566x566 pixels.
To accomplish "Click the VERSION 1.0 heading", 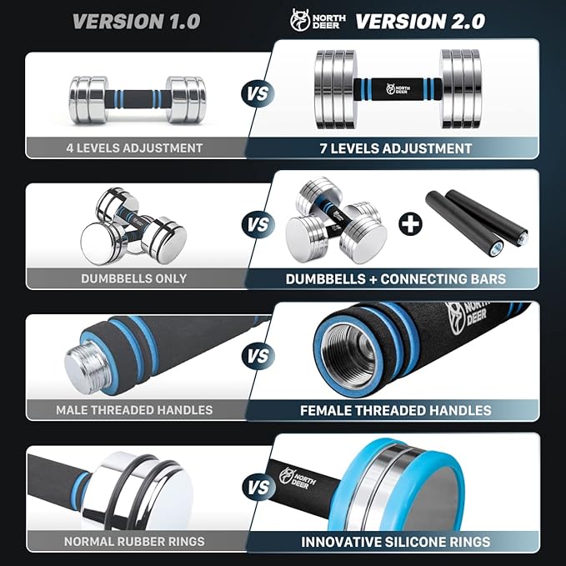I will pos(136,21).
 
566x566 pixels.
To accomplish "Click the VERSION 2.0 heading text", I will pos(420,21).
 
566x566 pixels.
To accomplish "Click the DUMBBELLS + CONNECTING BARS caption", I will pos(396,279).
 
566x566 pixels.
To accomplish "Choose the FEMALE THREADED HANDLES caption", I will pos(396,410).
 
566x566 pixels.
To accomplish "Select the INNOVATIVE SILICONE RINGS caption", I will pos(396,542).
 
